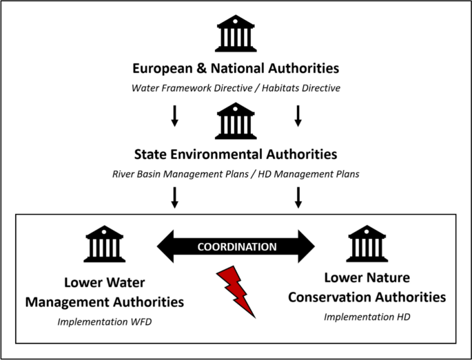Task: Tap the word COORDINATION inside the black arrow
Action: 236,246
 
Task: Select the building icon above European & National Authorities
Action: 236,34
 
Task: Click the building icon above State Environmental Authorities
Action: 236,122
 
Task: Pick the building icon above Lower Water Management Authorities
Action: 104,244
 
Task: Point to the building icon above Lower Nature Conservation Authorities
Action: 367,244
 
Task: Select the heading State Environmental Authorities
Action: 236,156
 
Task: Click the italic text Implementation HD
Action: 367,317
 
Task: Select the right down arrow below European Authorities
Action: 298,116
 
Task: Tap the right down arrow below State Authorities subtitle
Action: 298,198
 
